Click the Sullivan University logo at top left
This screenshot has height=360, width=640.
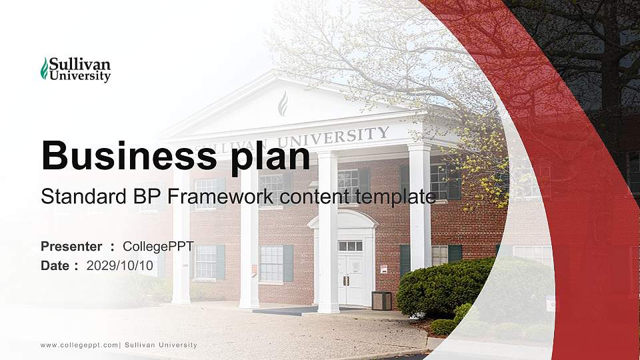(75, 69)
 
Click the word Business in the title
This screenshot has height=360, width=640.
(124, 156)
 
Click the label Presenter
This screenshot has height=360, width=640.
(71, 247)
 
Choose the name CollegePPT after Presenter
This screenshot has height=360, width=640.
(158, 247)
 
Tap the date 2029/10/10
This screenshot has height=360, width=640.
(120, 265)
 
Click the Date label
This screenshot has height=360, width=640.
(55, 265)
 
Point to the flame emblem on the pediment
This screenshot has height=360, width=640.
(282, 103)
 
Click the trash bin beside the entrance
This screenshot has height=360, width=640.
(381, 301)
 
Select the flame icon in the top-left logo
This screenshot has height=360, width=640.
(45, 69)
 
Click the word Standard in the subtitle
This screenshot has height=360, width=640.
(73, 197)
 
